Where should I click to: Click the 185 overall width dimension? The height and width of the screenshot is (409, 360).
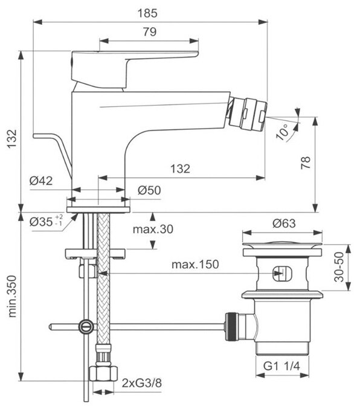(x=147, y=13)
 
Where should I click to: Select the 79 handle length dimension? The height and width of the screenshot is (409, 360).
(x=150, y=32)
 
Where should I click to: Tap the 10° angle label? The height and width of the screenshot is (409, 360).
(x=283, y=131)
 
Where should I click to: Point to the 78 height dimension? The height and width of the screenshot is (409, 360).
(x=306, y=163)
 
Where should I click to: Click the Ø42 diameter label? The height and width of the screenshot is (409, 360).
(x=41, y=181)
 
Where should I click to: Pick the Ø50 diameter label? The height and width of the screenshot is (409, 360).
(x=149, y=190)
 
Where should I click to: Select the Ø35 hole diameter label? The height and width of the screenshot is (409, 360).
(x=46, y=222)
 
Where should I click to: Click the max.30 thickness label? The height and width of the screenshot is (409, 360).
(x=153, y=229)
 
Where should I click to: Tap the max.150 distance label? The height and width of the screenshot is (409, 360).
(x=195, y=264)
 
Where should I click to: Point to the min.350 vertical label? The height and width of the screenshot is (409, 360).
(x=12, y=296)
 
